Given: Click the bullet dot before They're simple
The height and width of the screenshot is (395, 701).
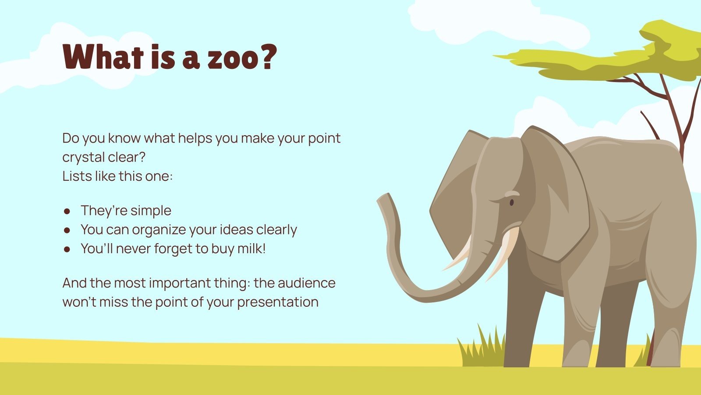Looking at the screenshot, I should (67, 211).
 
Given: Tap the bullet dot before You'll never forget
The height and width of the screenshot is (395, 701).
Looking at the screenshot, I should (67, 249).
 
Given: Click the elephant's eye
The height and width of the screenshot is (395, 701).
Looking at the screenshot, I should (511, 202).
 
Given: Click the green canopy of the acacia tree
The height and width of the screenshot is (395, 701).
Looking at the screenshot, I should (613, 57).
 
